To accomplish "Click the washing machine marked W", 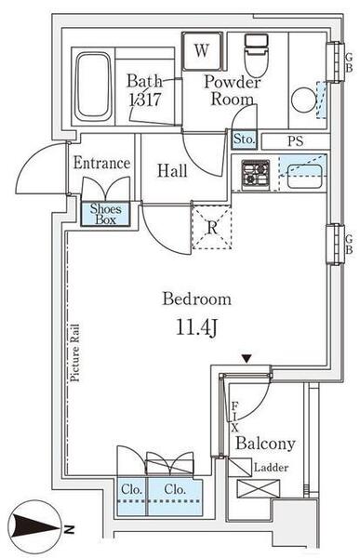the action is [202, 51].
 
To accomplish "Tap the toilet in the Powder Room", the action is [256, 55].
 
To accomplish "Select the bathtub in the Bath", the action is [93, 86].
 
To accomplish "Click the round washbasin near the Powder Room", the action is [304, 100].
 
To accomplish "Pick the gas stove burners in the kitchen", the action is [256, 175].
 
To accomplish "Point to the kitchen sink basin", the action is [304, 176].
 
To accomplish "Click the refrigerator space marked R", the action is [212, 227].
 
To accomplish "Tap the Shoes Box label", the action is [105, 214].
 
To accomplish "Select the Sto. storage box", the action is [245, 139].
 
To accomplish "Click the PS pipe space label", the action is [295, 141].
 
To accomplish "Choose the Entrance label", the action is [101, 163].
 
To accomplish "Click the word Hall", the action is [172, 171].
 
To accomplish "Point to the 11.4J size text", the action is [196, 327].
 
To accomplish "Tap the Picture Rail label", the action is [74, 352].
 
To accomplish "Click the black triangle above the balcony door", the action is [247, 358].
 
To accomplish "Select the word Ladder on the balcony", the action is [271, 467].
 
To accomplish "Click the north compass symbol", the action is [35, 526].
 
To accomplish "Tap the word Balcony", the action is [265, 444].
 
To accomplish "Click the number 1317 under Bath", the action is [145, 100].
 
